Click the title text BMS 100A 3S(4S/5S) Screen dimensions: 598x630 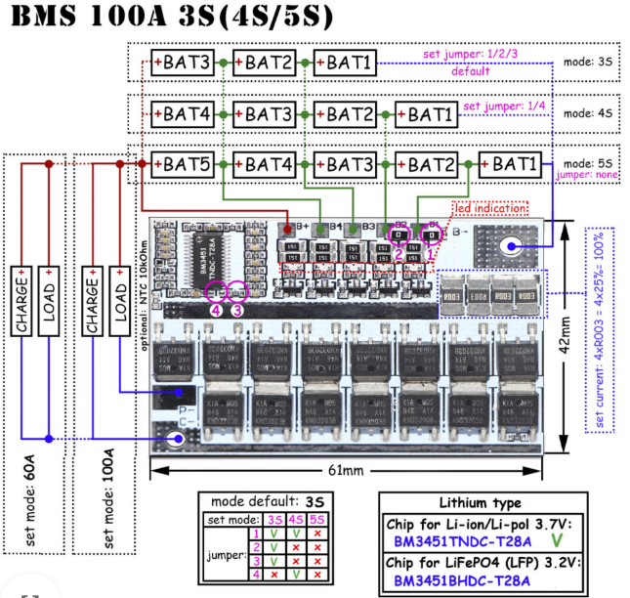[x=168, y=17]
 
